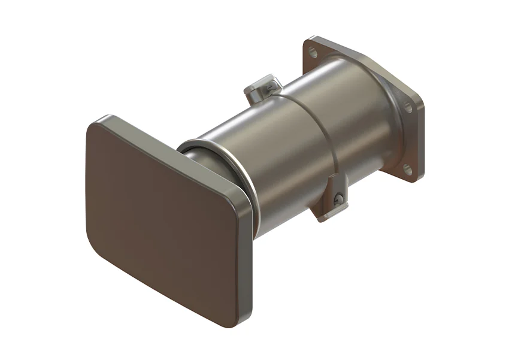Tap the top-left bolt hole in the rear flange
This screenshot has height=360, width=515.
pos(313,53)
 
